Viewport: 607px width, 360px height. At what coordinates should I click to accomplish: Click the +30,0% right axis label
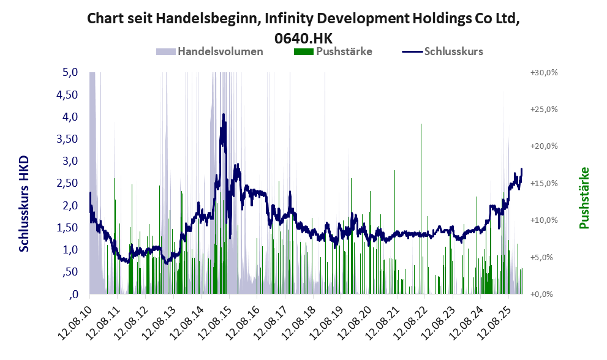pos(543,72)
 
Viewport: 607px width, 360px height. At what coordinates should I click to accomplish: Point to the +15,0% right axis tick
pos(543,183)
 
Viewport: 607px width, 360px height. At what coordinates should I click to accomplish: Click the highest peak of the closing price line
pos(224,114)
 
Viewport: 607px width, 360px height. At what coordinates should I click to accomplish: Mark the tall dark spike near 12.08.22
pos(421,125)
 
